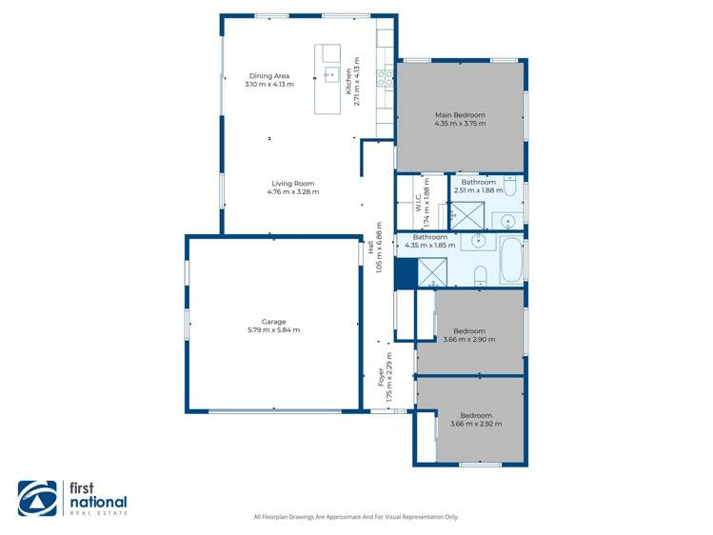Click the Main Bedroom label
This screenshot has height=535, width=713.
tap(460, 115)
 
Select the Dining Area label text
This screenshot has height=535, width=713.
tap(269, 76)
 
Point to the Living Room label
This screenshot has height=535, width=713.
tap(292, 184)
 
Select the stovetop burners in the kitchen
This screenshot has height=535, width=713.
tap(386, 78)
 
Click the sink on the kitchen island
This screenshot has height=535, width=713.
tap(330, 74)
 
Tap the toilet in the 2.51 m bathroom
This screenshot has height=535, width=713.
tap(510, 190)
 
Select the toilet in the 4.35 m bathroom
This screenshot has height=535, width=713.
tap(481, 275)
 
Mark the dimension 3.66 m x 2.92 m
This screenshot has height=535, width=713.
tap(475, 424)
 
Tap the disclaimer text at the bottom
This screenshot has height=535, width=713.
tap(356, 517)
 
